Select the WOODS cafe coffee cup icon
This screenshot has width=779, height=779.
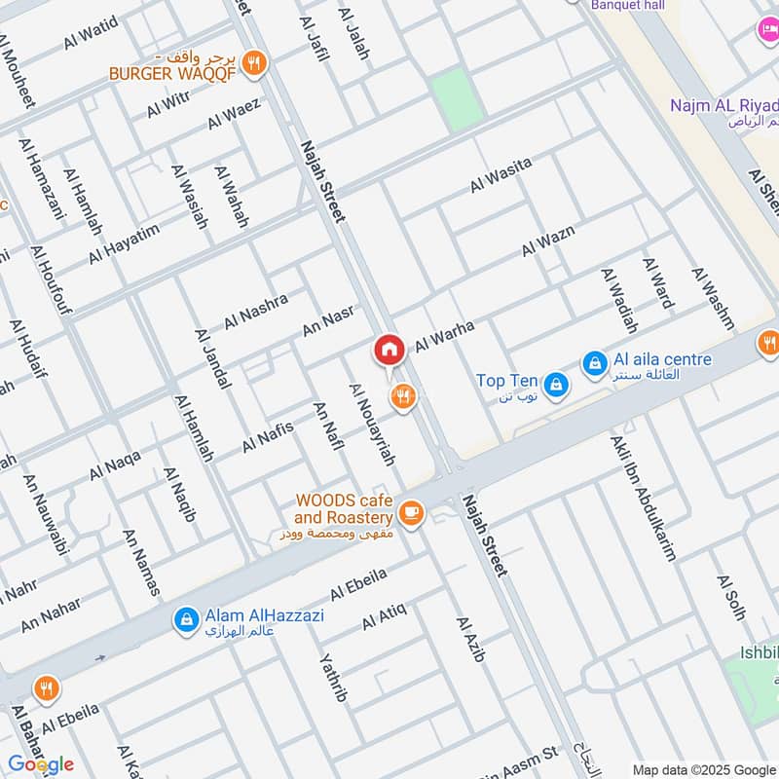pyautogui.click(x=411, y=512)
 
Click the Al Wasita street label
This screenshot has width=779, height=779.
pyautogui.click(x=501, y=174)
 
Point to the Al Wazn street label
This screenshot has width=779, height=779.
pyautogui.click(x=547, y=241)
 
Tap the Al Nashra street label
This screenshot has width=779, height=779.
pyautogui.click(x=256, y=310)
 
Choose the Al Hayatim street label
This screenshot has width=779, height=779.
pyautogui.click(x=124, y=243)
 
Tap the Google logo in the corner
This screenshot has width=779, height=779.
pyautogui.click(x=41, y=764)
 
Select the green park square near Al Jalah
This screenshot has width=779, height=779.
pyautogui.click(x=458, y=97)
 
